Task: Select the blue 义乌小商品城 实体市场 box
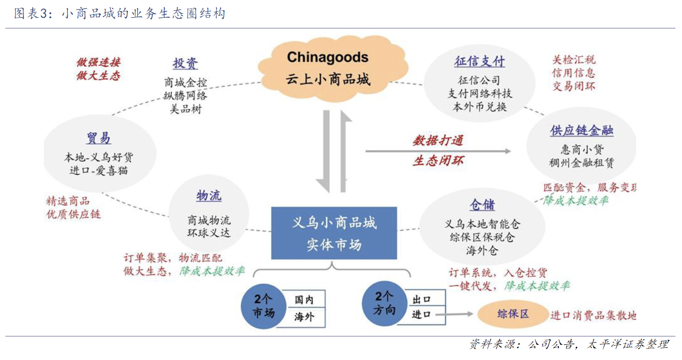(x=334, y=233)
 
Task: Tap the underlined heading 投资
(x=186, y=63)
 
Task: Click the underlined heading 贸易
(x=99, y=138)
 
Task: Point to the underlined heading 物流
(x=209, y=196)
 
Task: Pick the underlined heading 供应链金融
(x=582, y=131)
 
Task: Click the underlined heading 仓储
(x=482, y=205)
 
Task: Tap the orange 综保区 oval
(x=513, y=314)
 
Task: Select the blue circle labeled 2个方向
(x=385, y=303)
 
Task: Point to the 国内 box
(x=304, y=300)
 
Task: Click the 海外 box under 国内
(x=304, y=317)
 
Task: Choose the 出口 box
(x=422, y=299)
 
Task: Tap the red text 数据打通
(x=437, y=141)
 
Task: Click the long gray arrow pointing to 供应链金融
(x=438, y=151)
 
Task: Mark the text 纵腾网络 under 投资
(x=186, y=95)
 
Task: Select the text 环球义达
(x=209, y=233)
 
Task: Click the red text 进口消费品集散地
(x=593, y=315)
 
